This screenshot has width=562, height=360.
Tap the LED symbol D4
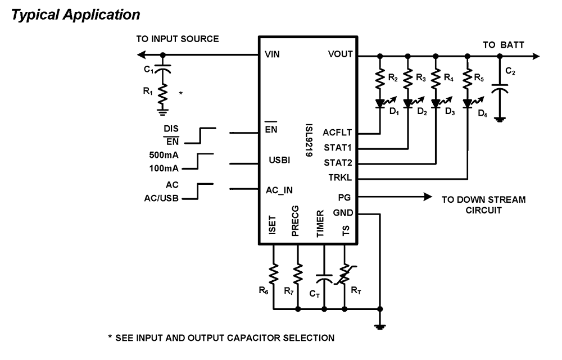click(x=467, y=103)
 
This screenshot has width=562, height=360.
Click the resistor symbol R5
click(x=466, y=79)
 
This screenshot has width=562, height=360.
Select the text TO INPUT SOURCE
click(x=177, y=39)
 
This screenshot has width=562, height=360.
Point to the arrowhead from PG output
click(x=428, y=197)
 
